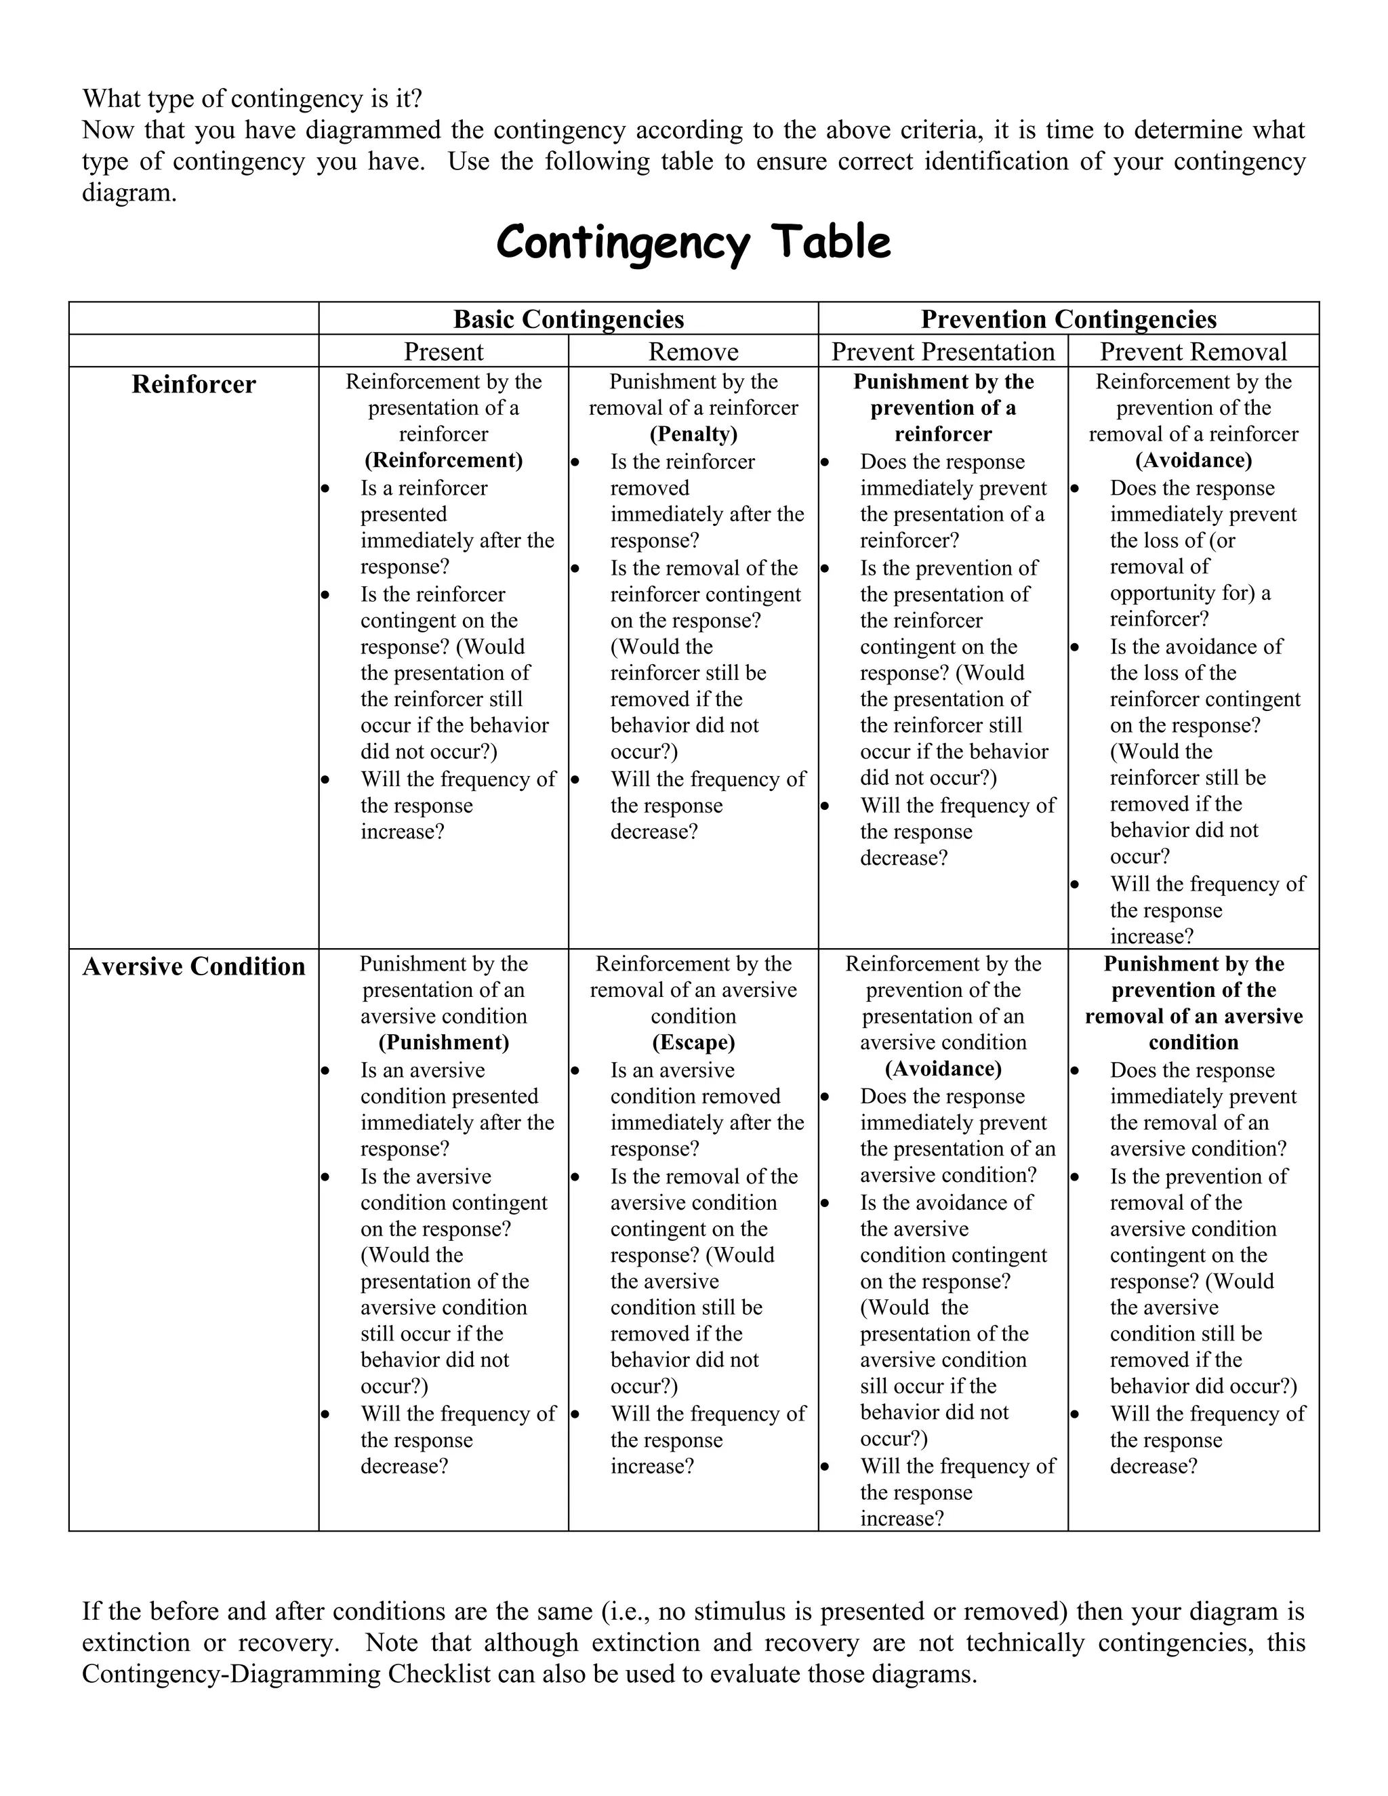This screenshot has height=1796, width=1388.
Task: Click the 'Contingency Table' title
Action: point(693,243)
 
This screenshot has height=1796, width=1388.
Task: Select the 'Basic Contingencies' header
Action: point(568,319)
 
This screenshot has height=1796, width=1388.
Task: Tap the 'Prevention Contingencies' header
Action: point(1068,319)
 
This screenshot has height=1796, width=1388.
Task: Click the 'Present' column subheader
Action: point(443,352)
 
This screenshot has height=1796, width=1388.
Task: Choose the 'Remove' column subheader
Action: point(693,352)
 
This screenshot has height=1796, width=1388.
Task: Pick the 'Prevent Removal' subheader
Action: point(1193,352)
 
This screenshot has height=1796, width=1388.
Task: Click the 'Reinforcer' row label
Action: point(193,384)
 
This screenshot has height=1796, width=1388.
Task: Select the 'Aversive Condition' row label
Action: point(193,966)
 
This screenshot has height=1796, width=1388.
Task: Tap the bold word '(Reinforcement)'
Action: point(443,460)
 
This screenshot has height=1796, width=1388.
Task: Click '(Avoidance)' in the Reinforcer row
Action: point(1193,460)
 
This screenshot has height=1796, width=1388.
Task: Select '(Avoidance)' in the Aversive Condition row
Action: point(943,1068)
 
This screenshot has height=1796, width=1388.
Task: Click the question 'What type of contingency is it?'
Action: point(251,99)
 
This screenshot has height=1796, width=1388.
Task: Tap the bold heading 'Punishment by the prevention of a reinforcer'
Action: point(943,408)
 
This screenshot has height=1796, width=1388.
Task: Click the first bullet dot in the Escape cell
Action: point(575,1071)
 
